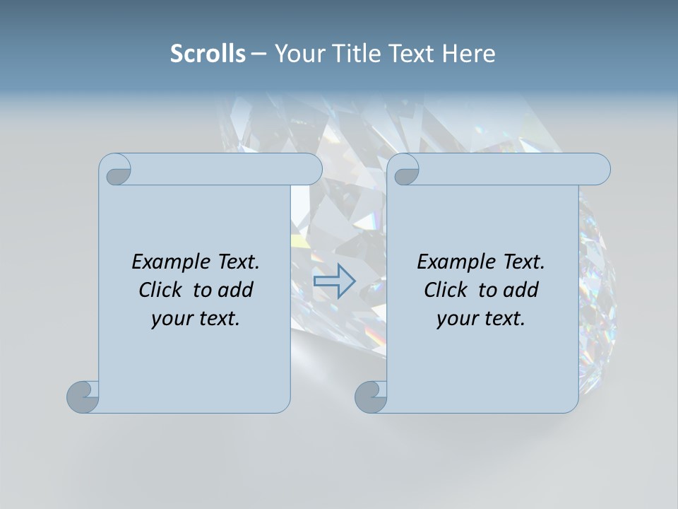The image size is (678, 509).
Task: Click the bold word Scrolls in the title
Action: tap(208, 54)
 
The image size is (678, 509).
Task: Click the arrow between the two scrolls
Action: tap(334, 281)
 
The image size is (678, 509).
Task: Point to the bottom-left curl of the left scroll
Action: tap(83, 396)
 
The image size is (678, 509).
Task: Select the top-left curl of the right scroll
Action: tap(405, 170)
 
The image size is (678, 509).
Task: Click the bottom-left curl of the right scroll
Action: tap(371, 396)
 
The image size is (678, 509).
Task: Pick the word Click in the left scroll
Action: tap(162, 290)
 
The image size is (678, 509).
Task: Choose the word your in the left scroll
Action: tap(170, 319)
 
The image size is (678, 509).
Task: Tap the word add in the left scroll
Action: tap(235, 290)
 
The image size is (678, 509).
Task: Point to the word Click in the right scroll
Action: tap(447, 290)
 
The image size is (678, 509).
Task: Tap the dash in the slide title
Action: tap(258, 54)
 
